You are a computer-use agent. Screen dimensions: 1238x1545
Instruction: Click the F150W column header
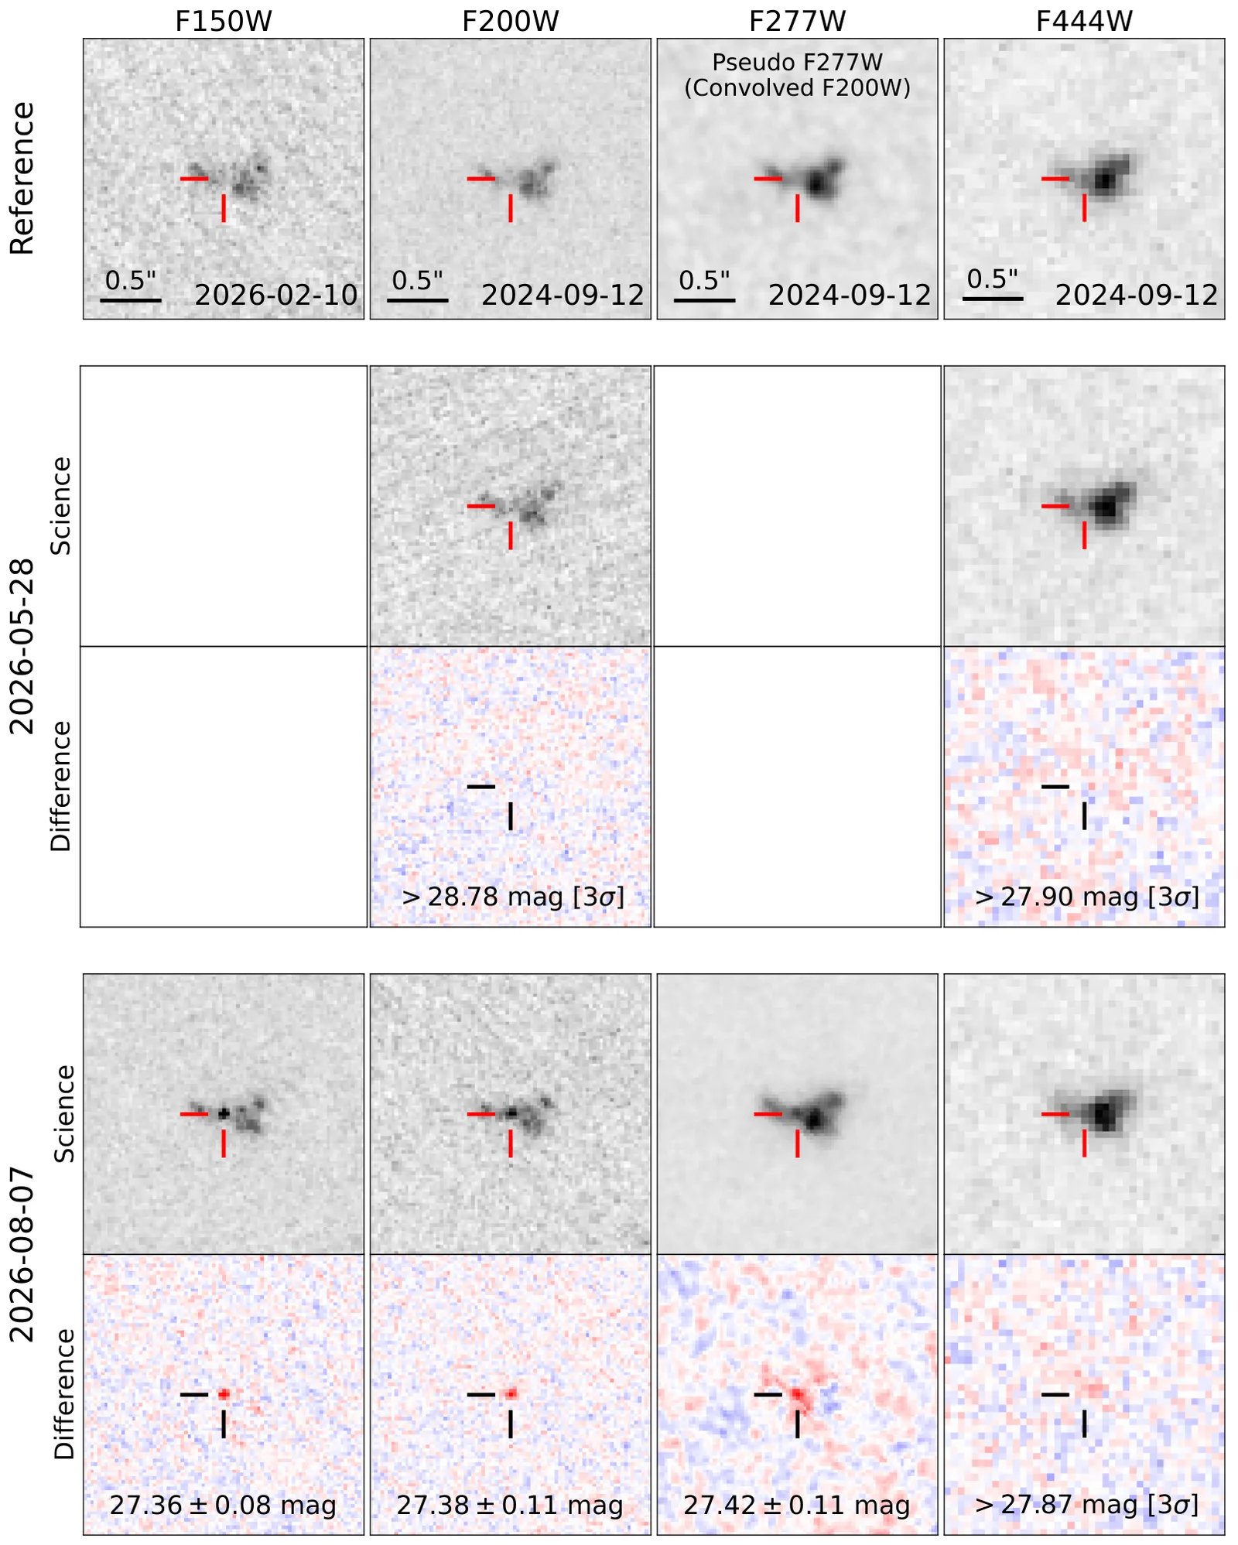click(x=223, y=21)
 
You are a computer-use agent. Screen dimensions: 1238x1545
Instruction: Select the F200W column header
click(x=510, y=21)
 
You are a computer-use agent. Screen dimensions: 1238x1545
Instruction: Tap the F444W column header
click(x=1084, y=21)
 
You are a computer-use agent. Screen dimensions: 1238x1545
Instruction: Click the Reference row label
click(x=22, y=178)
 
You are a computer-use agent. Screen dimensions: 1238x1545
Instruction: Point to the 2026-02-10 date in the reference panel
click(x=276, y=295)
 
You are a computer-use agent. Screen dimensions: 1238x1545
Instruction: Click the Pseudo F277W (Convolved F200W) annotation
click(x=797, y=75)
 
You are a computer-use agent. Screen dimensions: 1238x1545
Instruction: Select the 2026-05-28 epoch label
click(x=22, y=646)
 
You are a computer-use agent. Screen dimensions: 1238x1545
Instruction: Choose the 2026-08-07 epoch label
click(x=22, y=1254)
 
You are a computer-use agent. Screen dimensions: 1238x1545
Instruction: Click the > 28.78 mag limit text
click(x=513, y=897)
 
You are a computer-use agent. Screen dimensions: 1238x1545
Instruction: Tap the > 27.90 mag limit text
click(x=1087, y=897)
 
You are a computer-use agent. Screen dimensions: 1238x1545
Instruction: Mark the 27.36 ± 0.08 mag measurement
click(x=223, y=1505)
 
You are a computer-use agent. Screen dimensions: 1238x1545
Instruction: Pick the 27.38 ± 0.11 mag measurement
click(x=510, y=1505)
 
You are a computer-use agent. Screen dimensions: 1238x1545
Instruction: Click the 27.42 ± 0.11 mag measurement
click(x=797, y=1505)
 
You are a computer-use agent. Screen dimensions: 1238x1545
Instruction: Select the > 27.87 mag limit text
click(x=1087, y=1505)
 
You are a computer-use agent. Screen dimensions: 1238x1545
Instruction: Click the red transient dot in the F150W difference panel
click(x=224, y=1394)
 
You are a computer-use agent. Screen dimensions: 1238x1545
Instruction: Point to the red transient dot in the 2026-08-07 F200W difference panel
click(x=511, y=1394)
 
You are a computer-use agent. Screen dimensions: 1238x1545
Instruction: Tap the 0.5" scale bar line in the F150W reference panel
click(x=131, y=300)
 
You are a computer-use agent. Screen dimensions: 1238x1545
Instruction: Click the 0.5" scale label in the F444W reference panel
click(x=993, y=279)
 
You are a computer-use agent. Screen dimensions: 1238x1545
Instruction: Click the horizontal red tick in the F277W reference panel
click(x=768, y=179)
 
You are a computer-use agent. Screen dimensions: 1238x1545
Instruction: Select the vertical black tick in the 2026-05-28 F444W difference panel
click(x=1084, y=816)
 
